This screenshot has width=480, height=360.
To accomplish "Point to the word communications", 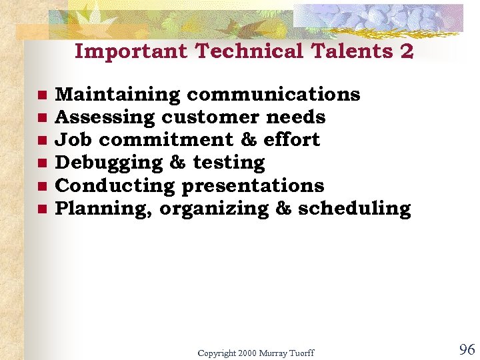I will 273,95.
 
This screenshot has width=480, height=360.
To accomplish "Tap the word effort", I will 291,140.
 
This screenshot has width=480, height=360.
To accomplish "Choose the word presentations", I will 253,185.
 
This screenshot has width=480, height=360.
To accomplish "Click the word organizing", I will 214,209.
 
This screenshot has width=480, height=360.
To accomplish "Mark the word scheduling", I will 355,209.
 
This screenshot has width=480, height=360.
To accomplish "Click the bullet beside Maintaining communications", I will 41,95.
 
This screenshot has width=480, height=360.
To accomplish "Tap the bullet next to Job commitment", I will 41,141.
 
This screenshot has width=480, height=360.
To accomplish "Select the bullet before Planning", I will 41,209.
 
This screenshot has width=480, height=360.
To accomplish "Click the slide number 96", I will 467,349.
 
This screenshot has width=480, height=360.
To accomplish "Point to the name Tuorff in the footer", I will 301,353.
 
